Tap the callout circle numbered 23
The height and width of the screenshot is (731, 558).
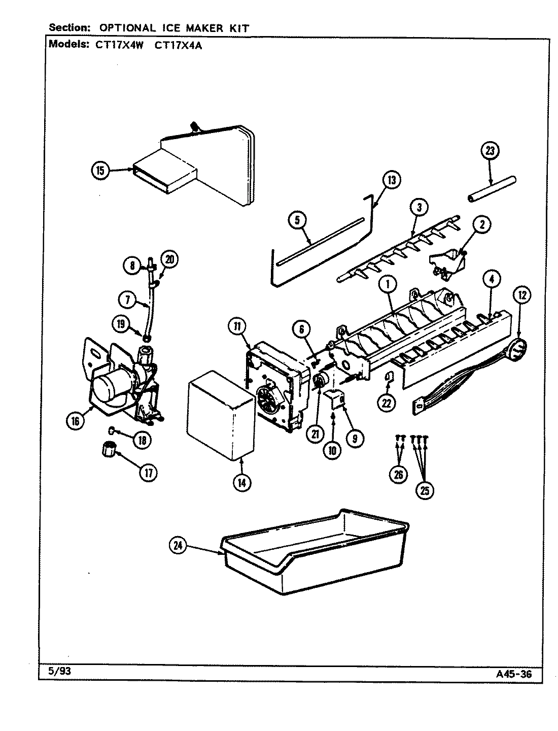coord(491,150)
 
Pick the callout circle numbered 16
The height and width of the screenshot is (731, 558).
coord(76,421)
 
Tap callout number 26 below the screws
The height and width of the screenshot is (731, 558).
coord(399,475)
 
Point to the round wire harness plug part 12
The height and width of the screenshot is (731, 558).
coord(516,351)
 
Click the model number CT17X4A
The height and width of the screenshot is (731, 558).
coord(176,44)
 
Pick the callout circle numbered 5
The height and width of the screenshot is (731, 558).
coord(297,220)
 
